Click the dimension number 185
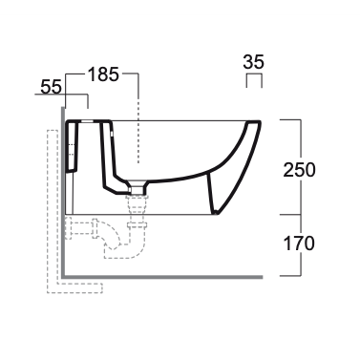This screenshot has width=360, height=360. tap(103, 75)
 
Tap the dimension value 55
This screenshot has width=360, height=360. tap(51, 87)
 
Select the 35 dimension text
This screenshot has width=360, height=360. tap(254, 62)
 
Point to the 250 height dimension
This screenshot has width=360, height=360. tap(299, 170)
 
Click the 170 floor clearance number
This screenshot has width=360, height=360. tap(299, 244)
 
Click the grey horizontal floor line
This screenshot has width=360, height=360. tap(162, 277)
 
